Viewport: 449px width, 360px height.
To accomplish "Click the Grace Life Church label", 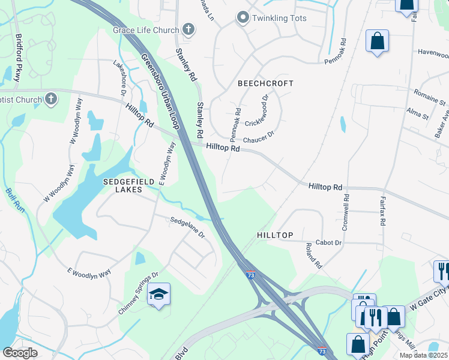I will [146, 30].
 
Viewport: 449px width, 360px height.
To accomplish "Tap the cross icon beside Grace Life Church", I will [188, 29].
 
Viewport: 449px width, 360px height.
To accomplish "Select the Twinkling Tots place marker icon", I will [243, 18].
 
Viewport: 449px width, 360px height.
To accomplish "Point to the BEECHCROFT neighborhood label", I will [265, 83].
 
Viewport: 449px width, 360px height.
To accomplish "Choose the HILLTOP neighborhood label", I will [275, 236].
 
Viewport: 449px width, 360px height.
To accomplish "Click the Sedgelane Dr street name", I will [187, 226].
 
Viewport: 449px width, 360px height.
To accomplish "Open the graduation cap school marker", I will [158, 294].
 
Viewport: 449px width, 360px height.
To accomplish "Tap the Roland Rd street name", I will [314, 255].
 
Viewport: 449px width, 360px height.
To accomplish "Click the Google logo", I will [20, 352].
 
